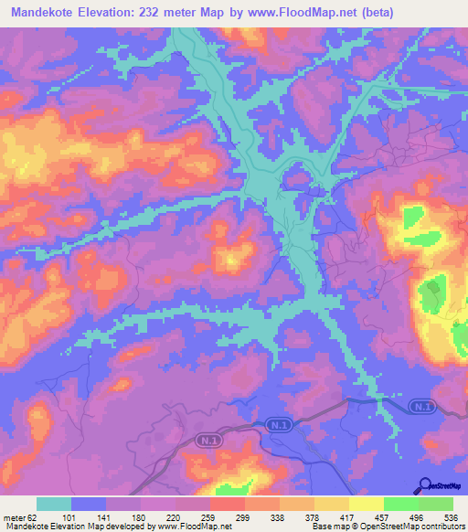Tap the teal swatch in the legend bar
point(54,504)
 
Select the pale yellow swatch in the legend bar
point(367,504)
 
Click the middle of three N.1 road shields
point(279,425)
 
